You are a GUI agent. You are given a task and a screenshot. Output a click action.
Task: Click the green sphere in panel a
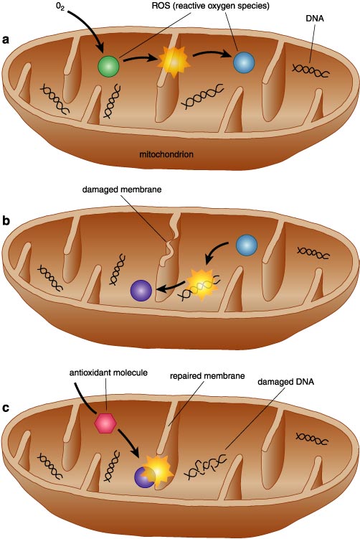(x=108, y=66)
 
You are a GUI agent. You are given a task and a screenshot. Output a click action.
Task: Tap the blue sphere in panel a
(x=244, y=63)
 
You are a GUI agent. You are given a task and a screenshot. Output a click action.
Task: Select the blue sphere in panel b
(x=247, y=245)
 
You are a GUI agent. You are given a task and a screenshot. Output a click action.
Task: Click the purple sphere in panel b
(x=141, y=291)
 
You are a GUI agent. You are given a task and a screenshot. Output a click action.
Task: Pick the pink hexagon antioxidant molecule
(x=105, y=423)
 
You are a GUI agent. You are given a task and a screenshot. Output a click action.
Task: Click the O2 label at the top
(x=60, y=7)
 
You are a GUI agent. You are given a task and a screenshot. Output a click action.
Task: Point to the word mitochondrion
(x=166, y=154)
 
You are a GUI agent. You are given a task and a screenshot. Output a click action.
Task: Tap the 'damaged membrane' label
(x=122, y=189)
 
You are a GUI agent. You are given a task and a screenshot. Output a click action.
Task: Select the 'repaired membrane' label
(x=207, y=375)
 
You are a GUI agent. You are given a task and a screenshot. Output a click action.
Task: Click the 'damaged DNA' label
(x=286, y=382)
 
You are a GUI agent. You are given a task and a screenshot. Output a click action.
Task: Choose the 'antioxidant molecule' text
(x=108, y=372)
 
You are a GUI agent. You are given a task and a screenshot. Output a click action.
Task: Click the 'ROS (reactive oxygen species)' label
(x=211, y=6)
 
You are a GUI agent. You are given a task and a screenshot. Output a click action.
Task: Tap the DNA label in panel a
(x=315, y=18)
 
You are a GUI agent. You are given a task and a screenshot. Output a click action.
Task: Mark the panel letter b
(x=6, y=220)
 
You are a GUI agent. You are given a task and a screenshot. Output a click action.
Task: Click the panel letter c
(x=6, y=408)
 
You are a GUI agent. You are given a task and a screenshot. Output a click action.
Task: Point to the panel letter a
(x=6, y=39)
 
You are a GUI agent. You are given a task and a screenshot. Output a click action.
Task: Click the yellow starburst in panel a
(x=173, y=62)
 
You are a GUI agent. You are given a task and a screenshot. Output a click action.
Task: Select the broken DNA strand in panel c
(x=206, y=467)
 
